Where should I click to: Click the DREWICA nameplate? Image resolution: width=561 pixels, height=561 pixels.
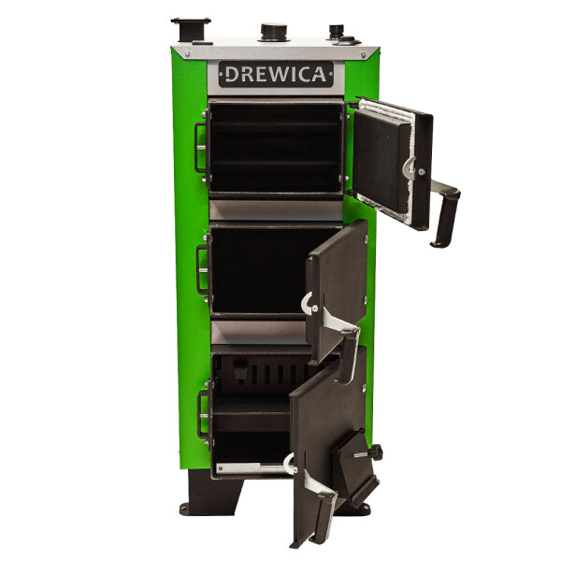[x=276, y=74]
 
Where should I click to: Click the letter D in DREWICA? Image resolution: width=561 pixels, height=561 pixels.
[x=231, y=75]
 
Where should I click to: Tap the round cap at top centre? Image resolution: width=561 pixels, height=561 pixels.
[x=274, y=32]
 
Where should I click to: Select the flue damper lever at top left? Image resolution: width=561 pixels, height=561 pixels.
[x=191, y=30]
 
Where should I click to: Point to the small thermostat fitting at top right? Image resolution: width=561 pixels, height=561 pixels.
[x=337, y=32]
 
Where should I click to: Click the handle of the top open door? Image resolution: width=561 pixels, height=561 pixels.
[x=446, y=215]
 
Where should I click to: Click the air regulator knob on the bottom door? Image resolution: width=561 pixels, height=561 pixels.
[x=376, y=452]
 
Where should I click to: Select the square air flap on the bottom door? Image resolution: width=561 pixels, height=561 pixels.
[x=355, y=469]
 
